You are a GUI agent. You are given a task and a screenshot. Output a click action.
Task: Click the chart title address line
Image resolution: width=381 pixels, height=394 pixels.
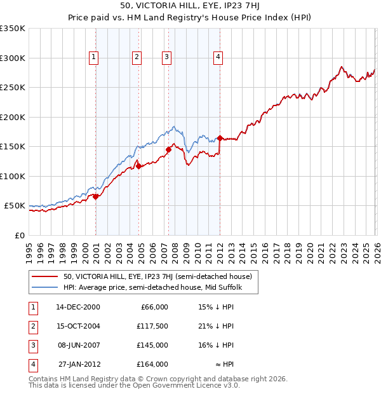[190, 6]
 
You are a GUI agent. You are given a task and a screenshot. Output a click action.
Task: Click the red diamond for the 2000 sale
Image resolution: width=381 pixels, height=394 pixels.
[95, 196]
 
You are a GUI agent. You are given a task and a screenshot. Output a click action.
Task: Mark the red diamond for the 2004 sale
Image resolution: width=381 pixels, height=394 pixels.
[138, 166]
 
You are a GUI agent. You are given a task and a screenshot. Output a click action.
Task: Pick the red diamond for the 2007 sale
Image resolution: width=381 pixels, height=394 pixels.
[168, 150]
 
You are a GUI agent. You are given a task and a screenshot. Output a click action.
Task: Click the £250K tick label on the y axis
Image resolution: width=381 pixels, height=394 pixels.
[13, 88]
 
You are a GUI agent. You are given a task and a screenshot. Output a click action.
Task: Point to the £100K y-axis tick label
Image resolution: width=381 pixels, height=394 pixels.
[13, 176]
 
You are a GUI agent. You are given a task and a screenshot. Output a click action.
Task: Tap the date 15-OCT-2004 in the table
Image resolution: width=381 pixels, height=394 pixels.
[78, 326]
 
